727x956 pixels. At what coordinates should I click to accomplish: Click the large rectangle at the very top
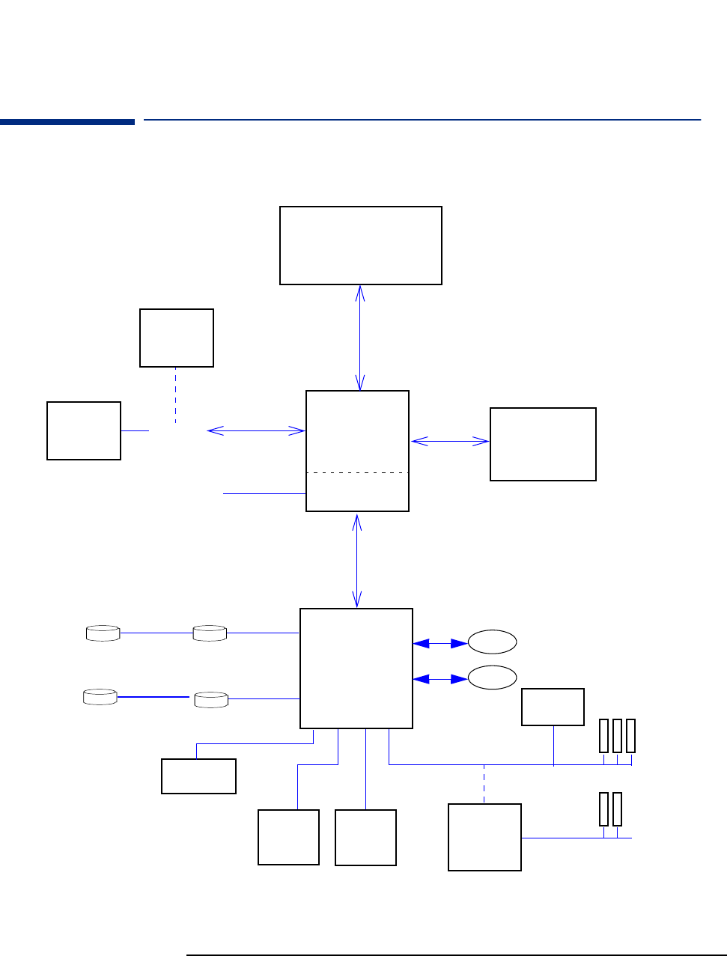(x=360, y=246)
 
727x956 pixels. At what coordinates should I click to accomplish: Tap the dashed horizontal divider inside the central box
(x=358, y=473)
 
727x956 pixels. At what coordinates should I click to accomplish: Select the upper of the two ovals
(x=492, y=642)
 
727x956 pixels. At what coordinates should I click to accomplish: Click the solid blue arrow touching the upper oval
(x=440, y=643)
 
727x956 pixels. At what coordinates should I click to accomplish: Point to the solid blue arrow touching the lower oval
(x=440, y=679)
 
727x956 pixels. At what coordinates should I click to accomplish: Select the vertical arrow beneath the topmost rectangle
(x=360, y=338)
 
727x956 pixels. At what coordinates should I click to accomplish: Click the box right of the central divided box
(x=543, y=444)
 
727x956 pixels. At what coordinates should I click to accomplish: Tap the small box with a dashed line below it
(x=177, y=338)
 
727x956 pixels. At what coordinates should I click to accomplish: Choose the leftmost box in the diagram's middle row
(x=84, y=430)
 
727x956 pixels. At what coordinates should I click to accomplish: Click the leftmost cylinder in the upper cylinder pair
(x=103, y=633)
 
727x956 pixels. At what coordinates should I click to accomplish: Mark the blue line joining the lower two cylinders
(x=154, y=697)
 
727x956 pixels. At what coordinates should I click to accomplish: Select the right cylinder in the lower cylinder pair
(x=211, y=700)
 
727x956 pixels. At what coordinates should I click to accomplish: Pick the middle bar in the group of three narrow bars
(x=617, y=735)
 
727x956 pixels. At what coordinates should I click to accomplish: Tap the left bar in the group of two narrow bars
(x=603, y=809)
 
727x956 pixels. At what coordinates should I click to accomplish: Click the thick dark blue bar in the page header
(x=67, y=121)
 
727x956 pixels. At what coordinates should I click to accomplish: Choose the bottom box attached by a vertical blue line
(x=365, y=837)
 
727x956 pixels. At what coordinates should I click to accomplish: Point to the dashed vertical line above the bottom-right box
(x=484, y=784)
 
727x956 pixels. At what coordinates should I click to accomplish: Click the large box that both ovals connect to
(x=356, y=668)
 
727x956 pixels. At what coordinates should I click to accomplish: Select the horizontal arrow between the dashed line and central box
(x=256, y=430)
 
